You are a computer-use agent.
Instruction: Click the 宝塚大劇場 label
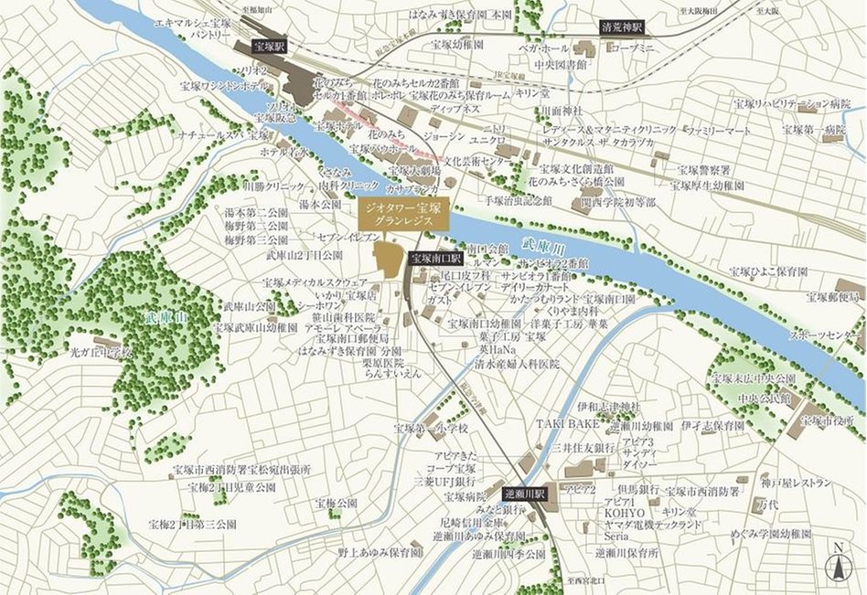point(416,170)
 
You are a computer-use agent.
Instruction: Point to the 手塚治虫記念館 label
point(519,198)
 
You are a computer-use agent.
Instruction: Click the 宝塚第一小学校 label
point(431,428)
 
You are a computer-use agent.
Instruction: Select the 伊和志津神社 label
point(610,406)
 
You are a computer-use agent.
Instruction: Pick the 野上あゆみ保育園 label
point(380,553)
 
